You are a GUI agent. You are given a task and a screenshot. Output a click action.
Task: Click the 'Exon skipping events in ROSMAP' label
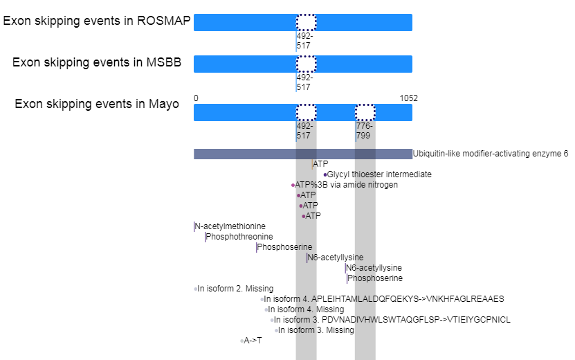click(97, 21)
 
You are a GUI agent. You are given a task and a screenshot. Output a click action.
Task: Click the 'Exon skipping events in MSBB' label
click(97, 62)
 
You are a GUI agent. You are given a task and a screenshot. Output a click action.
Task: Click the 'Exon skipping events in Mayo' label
click(97, 104)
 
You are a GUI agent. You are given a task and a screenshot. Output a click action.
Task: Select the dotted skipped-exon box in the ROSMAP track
click(306, 22)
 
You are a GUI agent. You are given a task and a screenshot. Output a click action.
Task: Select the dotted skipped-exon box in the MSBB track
click(306, 64)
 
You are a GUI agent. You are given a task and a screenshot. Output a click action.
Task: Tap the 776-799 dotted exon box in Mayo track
click(365, 112)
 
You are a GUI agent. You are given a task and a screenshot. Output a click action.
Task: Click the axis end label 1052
click(408, 98)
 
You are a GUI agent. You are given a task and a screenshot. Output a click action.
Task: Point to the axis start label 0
click(196, 98)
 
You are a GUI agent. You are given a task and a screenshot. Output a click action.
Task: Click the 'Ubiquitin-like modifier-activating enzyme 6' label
click(490, 154)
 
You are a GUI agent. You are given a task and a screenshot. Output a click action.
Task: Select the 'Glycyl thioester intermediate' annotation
click(379, 174)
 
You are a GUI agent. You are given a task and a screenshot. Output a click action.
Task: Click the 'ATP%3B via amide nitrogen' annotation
click(346, 185)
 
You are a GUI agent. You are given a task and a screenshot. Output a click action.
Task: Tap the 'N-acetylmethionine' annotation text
click(230, 226)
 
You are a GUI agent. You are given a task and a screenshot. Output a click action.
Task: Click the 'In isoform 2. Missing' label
click(235, 289)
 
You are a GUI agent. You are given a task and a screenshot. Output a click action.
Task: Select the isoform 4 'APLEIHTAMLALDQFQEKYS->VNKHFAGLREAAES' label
click(385, 299)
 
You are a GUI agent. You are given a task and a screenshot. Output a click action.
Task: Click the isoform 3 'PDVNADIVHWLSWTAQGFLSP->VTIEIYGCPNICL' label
click(392, 320)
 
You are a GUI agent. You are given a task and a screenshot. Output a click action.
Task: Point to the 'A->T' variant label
click(253, 341)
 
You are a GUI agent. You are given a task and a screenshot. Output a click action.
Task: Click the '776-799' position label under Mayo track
click(365, 131)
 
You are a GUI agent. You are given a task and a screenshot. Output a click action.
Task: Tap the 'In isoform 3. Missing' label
click(316, 330)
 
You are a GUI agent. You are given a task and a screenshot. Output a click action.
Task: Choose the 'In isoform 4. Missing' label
click(306, 309)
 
